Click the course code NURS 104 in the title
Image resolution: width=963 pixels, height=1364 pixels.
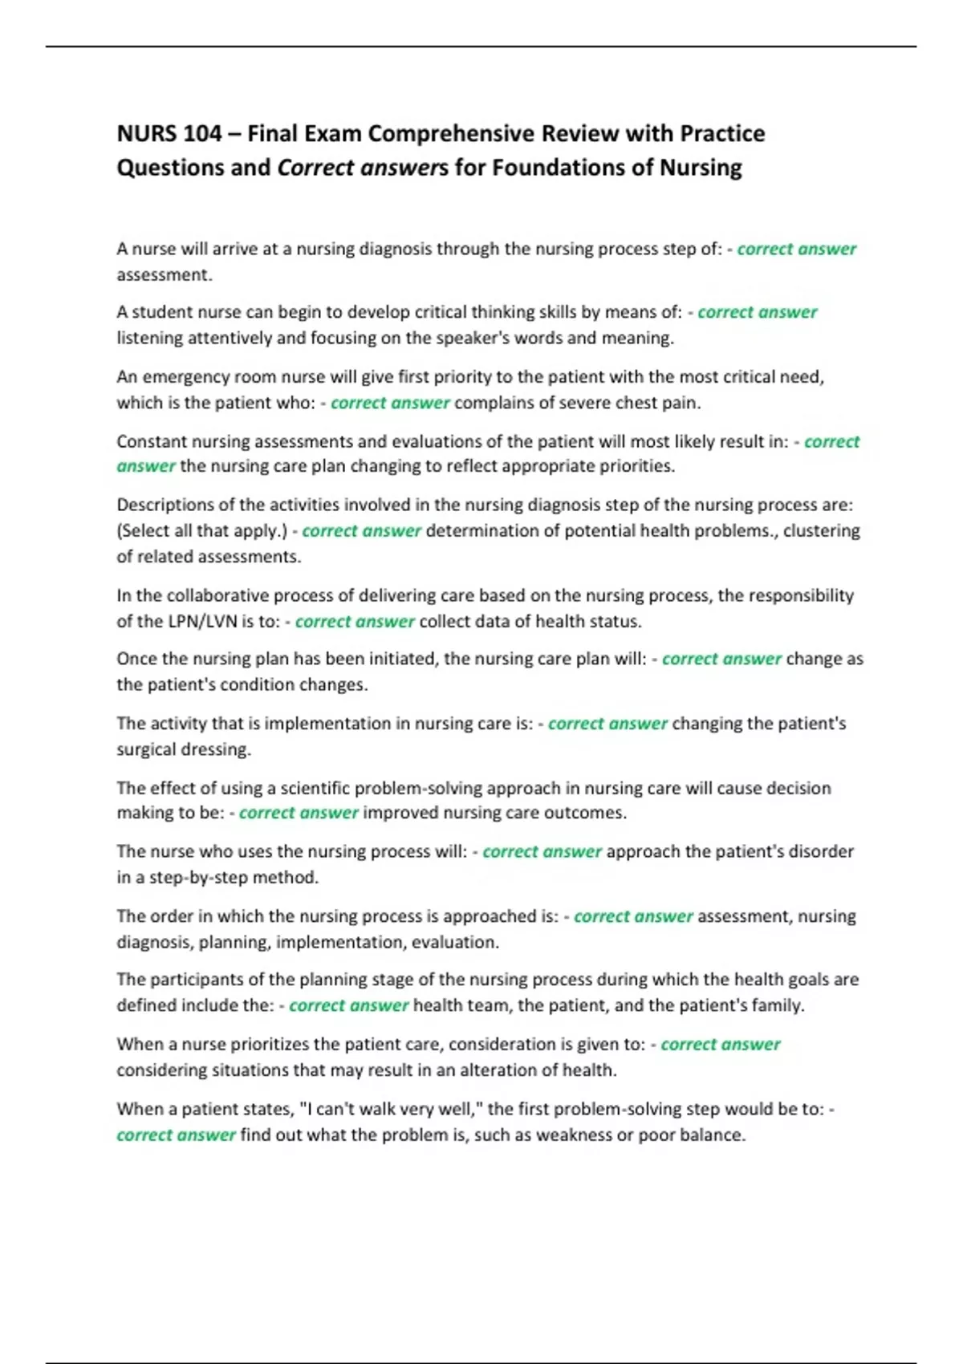click(x=169, y=133)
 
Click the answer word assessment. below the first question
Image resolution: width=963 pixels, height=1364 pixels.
click(x=165, y=275)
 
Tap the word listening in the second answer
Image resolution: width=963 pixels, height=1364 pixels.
click(x=150, y=338)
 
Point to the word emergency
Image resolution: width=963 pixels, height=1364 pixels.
click(x=182, y=377)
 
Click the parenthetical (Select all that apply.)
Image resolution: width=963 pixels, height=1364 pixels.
click(x=202, y=531)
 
